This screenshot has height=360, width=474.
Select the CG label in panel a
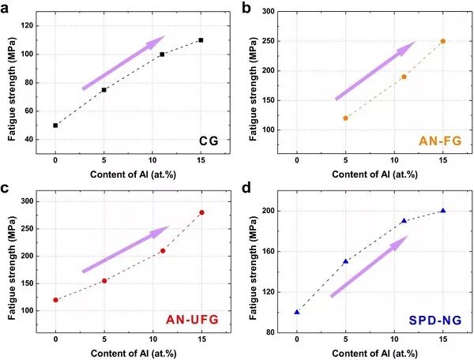click(x=208, y=142)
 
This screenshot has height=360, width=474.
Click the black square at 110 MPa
click(x=201, y=40)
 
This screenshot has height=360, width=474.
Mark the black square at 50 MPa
click(x=55, y=125)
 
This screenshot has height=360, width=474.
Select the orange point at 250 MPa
click(x=443, y=41)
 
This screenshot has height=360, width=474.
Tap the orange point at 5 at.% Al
click(x=345, y=118)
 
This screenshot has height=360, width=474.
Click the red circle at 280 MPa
click(x=201, y=212)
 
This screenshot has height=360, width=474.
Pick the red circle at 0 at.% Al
click(x=55, y=300)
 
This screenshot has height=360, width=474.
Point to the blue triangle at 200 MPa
click(x=443, y=211)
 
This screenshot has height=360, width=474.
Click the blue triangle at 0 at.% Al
click(x=297, y=312)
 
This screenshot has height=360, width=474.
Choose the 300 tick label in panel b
click(x=277, y=12)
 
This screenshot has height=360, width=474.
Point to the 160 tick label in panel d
click(x=277, y=252)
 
